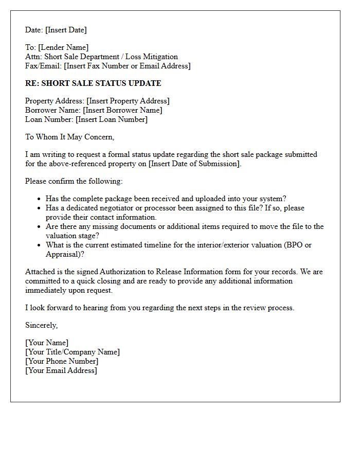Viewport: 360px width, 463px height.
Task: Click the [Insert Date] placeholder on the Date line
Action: point(66,30)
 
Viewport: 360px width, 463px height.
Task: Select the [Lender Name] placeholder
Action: point(63,47)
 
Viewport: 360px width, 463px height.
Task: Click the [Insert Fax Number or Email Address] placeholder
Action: point(127,66)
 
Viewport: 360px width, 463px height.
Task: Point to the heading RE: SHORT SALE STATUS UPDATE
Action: point(93,83)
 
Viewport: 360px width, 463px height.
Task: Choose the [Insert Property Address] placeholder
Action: point(128,101)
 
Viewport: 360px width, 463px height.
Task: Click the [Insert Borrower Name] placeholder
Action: point(122,110)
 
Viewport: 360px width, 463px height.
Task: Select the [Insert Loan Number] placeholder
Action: point(111,119)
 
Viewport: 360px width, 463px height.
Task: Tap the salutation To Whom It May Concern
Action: point(69,137)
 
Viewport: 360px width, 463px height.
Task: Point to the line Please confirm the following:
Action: point(74,181)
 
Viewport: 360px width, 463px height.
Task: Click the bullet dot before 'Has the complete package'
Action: point(39,199)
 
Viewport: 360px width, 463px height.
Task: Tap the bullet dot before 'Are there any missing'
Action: point(39,227)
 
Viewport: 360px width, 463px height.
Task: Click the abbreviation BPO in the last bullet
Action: point(294,245)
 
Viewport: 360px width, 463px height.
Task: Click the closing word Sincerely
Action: point(41,325)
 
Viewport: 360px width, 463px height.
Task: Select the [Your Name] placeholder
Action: point(46,343)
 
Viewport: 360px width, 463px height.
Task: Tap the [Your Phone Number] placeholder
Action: point(62,361)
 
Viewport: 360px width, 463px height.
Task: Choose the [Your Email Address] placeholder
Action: point(61,370)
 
